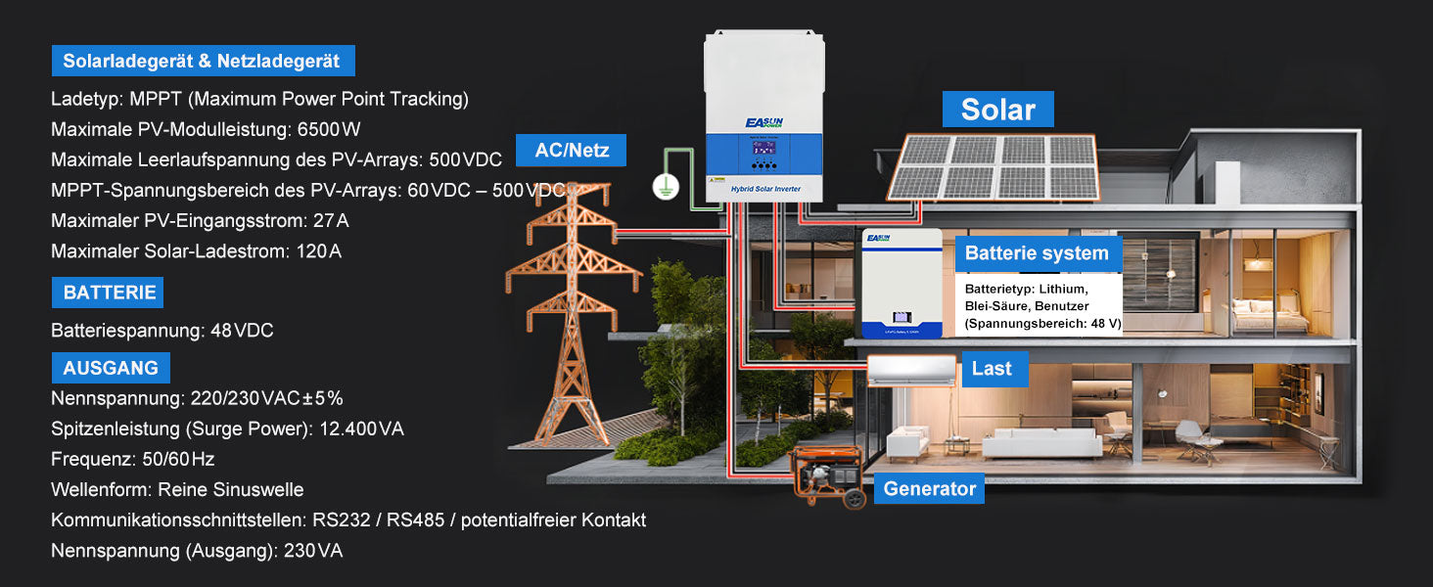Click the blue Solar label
pos(997,110)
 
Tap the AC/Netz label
pos(572,151)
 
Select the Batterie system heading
pos(1037,253)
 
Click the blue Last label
pos(992,369)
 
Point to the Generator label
pos(929,488)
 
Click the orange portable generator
pos(827,476)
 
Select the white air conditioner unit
pos(911,370)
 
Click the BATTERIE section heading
pos(108,293)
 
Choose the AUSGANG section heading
pos(111,368)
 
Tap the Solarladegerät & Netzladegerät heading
pos(202,62)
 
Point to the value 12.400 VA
pos(362,429)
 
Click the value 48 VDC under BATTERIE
pos(242,331)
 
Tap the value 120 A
pos(319,251)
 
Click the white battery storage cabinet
pos(901,284)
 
